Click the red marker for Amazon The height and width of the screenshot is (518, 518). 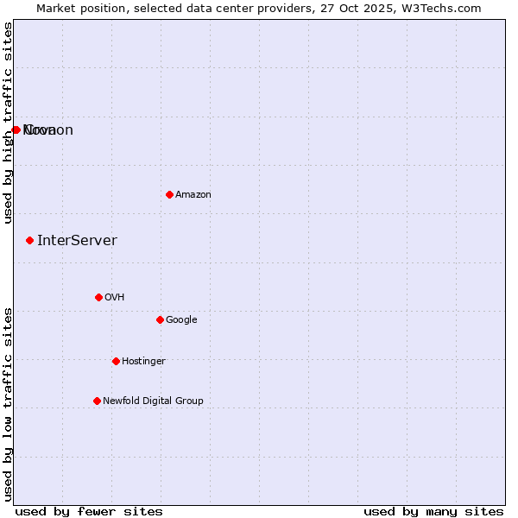click(169, 194)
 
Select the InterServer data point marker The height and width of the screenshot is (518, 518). click(29, 240)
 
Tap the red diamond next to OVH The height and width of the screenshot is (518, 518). click(98, 297)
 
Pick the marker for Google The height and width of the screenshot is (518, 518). click(160, 319)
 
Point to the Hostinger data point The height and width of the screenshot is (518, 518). click(116, 361)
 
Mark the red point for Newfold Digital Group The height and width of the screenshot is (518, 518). click(97, 401)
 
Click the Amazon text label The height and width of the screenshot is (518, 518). click(193, 195)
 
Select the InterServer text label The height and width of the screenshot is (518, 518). click(77, 241)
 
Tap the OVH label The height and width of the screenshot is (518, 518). click(115, 298)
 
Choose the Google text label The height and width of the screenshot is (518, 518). click(181, 320)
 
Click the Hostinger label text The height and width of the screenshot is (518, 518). click(143, 362)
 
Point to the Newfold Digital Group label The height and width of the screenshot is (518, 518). click(153, 401)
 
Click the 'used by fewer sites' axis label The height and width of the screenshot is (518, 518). click(89, 512)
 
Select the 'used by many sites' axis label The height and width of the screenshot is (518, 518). click(433, 512)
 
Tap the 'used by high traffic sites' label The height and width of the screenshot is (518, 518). click(9, 123)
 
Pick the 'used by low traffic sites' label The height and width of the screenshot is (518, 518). click(9, 403)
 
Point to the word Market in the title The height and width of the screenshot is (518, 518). click(56, 8)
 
